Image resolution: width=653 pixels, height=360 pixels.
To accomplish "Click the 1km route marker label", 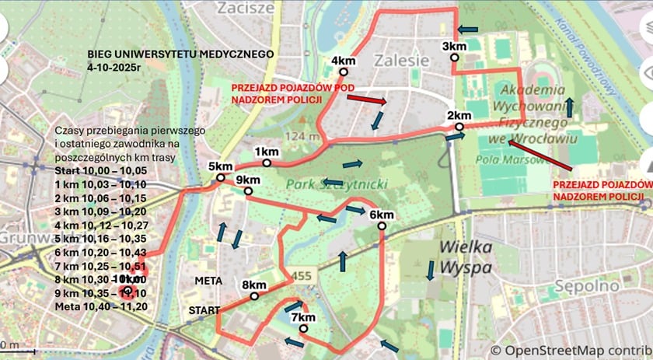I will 266,151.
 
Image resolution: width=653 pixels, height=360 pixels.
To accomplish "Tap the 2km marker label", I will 459,116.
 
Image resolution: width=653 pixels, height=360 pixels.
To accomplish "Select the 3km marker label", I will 454,47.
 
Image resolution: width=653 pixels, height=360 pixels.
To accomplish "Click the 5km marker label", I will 220,167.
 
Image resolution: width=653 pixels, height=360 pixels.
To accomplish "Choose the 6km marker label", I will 381,215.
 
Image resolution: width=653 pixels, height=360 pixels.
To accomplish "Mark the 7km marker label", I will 302,317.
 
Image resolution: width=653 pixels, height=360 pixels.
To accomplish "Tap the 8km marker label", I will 254,285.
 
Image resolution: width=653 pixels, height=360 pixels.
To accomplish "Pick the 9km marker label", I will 247,180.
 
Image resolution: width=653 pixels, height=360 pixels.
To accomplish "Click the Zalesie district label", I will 400,61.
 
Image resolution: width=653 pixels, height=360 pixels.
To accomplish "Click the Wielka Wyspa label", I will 466,258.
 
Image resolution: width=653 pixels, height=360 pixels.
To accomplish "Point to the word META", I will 209,280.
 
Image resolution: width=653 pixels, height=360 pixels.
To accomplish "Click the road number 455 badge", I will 302,276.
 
